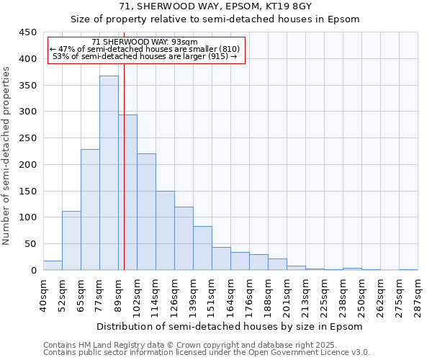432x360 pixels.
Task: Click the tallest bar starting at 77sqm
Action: [x=109, y=173]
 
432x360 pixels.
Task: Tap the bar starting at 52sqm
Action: [x=71, y=240]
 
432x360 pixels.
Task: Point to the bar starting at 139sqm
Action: [x=202, y=248]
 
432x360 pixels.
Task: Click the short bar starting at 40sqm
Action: [x=53, y=266]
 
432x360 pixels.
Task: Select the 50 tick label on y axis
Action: [x=30, y=244]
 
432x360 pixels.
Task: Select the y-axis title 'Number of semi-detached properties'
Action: [x=6, y=155]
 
